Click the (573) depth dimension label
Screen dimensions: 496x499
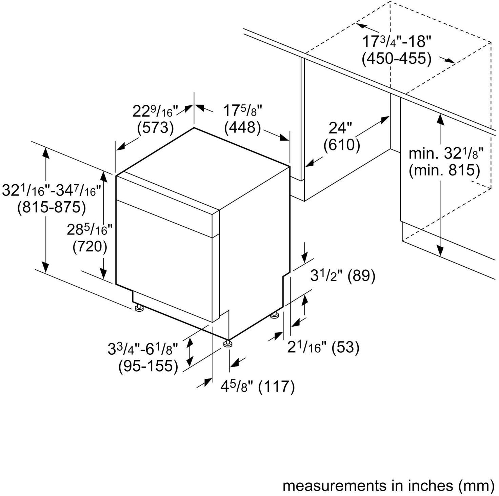click(x=155, y=128)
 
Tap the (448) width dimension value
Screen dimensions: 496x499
click(x=242, y=127)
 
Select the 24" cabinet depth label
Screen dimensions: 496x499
click(x=340, y=128)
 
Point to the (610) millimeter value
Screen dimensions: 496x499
click(x=341, y=145)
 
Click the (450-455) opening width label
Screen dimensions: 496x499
click(x=396, y=59)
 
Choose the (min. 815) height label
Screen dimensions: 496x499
click(x=444, y=170)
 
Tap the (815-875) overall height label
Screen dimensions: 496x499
click(x=52, y=207)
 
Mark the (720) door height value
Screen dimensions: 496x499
click(x=90, y=246)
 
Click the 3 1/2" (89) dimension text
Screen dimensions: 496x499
click(x=343, y=276)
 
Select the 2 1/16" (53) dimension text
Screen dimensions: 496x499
click(x=323, y=347)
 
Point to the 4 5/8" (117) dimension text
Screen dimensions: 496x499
click(x=258, y=386)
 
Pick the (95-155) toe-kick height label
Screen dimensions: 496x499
click(x=148, y=366)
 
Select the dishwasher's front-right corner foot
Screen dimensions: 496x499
click(x=227, y=344)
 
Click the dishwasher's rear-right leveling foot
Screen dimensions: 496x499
click(x=274, y=316)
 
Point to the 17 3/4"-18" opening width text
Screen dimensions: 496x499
click(x=396, y=42)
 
